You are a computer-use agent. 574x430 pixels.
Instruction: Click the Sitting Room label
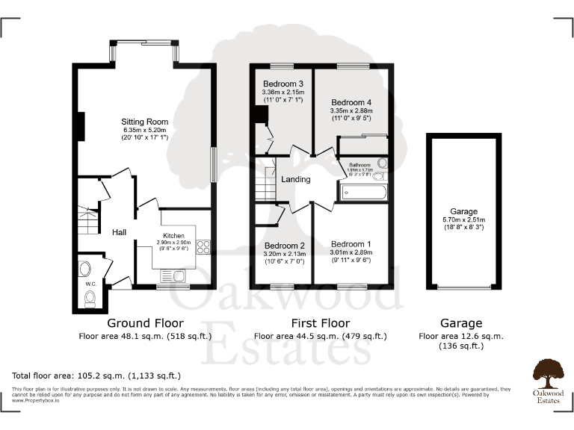[145, 122]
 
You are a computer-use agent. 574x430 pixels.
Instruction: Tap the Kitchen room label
[173, 235]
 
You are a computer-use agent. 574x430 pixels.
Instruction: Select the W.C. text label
[90, 284]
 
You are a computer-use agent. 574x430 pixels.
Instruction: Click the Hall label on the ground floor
[119, 233]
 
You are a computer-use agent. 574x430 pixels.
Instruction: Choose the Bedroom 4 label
[351, 102]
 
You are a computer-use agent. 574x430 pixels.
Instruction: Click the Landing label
[295, 179]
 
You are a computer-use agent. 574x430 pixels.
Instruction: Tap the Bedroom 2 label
[284, 246]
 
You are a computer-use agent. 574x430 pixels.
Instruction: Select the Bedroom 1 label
[351, 244]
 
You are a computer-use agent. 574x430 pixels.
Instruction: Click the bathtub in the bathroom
[364, 193]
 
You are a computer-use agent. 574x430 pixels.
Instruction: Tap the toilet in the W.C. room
[90, 299]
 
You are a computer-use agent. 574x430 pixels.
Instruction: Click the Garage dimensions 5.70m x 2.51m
[461, 220]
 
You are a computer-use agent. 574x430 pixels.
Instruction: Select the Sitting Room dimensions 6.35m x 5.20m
[145, 131]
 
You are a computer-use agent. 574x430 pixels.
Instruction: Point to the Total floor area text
[96, 375]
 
